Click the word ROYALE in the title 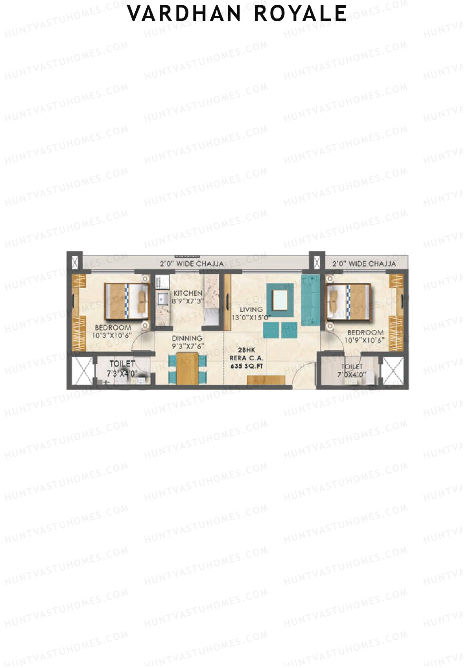point(301,14)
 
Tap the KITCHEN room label point(188,293)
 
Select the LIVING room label point(251,309)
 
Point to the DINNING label point(187,338)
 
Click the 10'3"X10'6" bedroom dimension point(112,336)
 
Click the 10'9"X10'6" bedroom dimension point(365,340)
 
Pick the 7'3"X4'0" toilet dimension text point(122,374)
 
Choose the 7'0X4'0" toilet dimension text point(352,375)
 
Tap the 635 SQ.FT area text point(247,366)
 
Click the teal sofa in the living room point(311,300)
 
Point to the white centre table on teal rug point(280,300)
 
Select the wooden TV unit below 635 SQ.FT point(266,380)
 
